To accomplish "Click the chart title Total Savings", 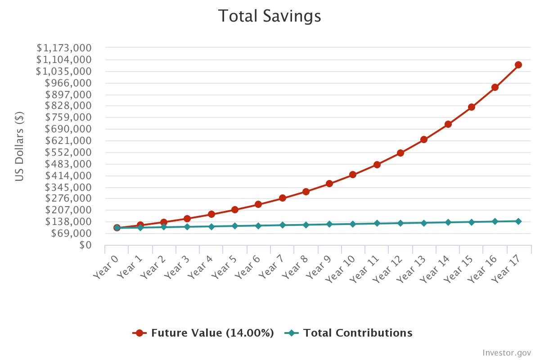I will [x=270, y=16].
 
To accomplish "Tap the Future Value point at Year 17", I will [x=518, y=65].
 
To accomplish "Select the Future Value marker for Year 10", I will [x=353, y=175].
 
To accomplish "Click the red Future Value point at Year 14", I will [x=448, y=124].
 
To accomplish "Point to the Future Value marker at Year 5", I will [x=235, y=210].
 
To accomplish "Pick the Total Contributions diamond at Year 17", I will [x=518, y=221].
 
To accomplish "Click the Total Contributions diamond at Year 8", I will [x=306, y=225].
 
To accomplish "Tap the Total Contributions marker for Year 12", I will [x=400, y=223].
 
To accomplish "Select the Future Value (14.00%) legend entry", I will [x=203, y=333].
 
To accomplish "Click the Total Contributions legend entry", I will [x=349, y=333].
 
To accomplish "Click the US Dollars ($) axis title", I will [x=19, y=146].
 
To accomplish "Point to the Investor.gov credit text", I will [x=507, y=352].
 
